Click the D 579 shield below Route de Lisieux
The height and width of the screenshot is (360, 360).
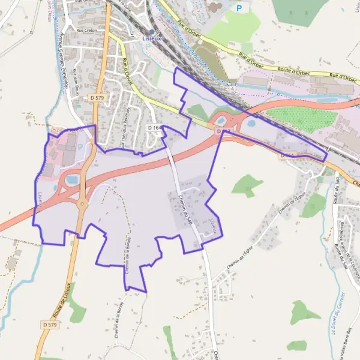coord(50,325)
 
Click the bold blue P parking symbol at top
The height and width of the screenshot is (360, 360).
coord(240,8)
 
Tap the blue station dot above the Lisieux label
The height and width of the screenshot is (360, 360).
coord(152,32)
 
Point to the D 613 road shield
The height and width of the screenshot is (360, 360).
coord(222,131)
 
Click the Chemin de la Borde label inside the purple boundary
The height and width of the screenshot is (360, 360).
coord(128,255)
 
